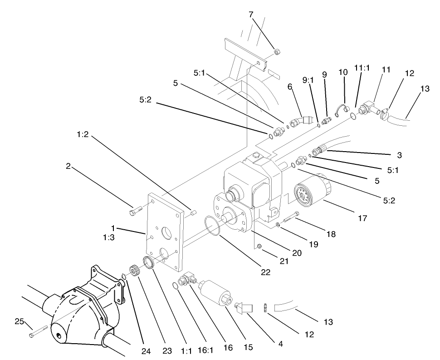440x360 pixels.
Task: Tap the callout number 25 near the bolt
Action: [x=19, y=321]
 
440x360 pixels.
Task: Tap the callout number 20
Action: [x=297, y=253]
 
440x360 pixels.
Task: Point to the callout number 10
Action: [x=343, y=71]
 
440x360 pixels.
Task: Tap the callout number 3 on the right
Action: [x=399, y=155]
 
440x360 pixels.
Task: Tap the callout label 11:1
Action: [x=362, y=68]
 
